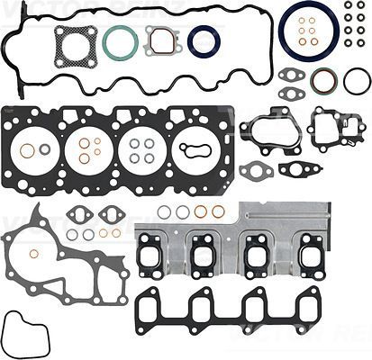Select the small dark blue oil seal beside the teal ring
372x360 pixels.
tap(204, 40)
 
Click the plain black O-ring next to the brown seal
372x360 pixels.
tap(356, 82)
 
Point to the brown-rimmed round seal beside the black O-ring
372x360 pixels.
tap(323, 82)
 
